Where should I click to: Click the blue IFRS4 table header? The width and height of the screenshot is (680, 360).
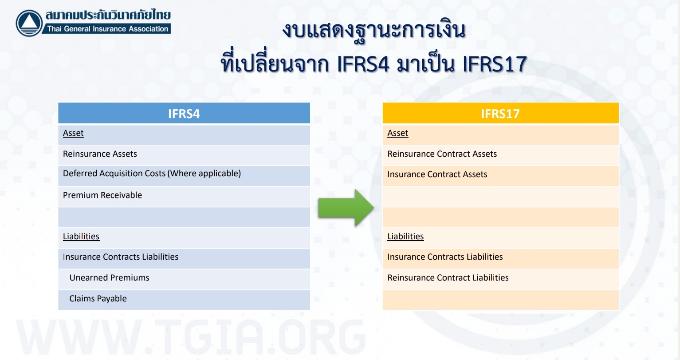point(184,113)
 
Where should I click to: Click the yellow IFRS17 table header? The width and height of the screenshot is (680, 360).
point(501,113)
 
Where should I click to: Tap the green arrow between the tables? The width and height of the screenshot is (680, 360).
point(346,208)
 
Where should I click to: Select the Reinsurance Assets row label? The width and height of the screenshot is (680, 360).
point(100,154)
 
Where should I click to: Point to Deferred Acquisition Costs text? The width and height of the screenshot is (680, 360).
point(152,174)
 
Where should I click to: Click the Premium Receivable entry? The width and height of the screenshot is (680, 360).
point(102,195)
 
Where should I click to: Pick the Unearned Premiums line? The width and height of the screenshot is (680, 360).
point(109,278)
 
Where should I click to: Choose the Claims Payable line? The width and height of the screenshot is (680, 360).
point(98,299)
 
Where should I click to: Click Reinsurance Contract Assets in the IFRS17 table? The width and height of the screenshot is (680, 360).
point(442,154)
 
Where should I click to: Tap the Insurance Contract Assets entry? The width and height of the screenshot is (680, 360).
point(437,174)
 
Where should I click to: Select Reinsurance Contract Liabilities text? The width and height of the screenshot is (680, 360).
point(448,278)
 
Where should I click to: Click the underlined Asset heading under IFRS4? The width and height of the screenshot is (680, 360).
point(73,133)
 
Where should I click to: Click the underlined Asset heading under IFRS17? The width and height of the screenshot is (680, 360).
point(398,133)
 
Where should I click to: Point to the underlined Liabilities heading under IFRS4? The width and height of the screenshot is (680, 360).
point(81,236)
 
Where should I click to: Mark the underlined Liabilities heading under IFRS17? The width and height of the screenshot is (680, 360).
point(405,236)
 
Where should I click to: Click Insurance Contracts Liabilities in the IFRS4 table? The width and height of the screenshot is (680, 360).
point(121,257)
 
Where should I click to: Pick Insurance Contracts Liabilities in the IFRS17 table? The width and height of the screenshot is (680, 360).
point(445,257)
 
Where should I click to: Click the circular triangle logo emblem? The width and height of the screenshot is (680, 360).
point(29,23)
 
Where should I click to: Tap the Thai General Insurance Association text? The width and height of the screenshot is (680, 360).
point(108,29)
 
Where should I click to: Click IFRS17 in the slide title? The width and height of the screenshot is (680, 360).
point(495,64)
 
